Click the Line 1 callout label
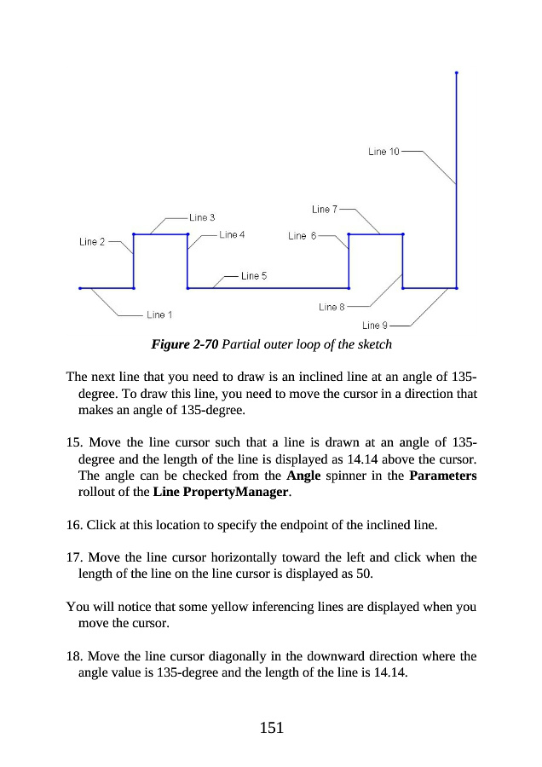pyautogui.click(x=159, y=315)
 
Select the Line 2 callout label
pyautogui.click(x=92, y=242)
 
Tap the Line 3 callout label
pyautogui.click(x=202, y=217)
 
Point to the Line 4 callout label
pyautogui.click(x=232, y=234)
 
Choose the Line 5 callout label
pyautogui.click(x=254, y=276)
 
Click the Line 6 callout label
pyautogui.click(x=302, y=236)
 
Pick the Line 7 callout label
pyautogui.click(x=325, y=209)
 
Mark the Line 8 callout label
pyautogui.click(x=332, y=307)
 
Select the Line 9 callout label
pyautogui.click(x=375, y=326)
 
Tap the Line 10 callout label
pyautogui.click(x=383, y=152)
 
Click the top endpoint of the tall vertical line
pyautogui.click(x=457, y=73)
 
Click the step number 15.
pyautogui.click(x=72, y=443)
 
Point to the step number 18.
pyautogui.click(x=72, y=658)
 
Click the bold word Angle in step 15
pyautogui.click(x=303, y=476)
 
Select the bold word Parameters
pyautogui.click(x=442, y=476)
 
